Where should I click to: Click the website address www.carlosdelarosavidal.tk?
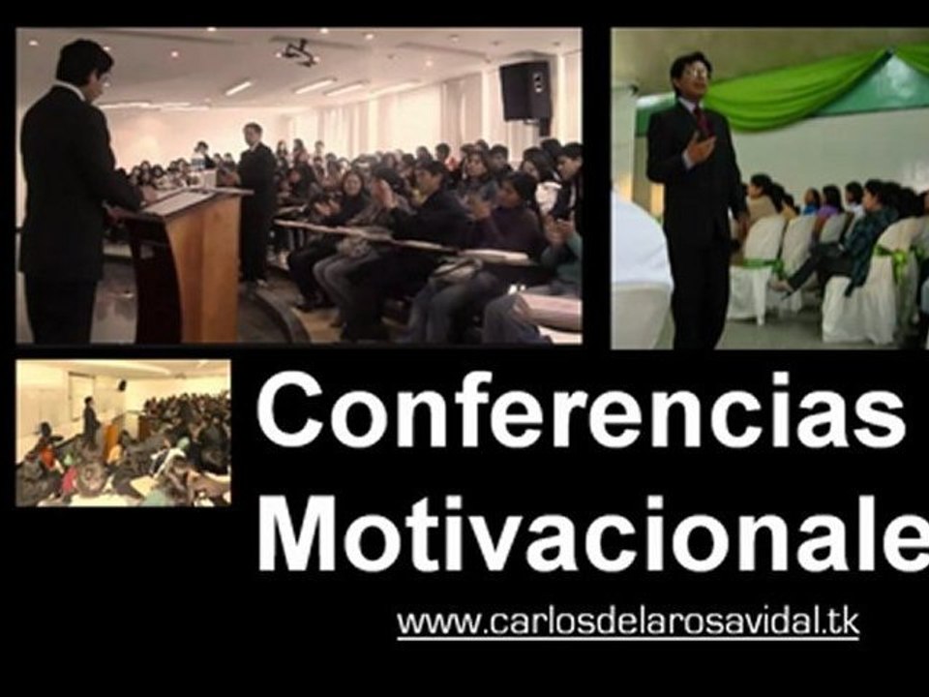click(x=627, y=621)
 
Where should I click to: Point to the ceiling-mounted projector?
click(x=299, y=52)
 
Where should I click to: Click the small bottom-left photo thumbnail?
click(x=123, y=433)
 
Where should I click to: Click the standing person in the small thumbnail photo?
click(x=90, y=422)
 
